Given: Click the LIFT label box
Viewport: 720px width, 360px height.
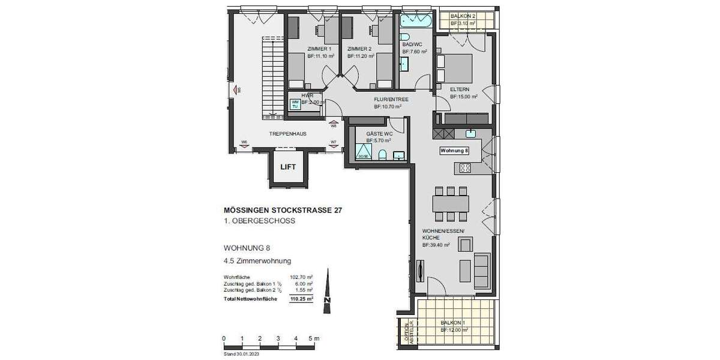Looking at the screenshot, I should (x=288, y=167).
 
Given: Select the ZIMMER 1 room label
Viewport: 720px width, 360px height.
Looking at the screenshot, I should (x=319, y=49).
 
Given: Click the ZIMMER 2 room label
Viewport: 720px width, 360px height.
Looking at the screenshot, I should (x=359, y=49).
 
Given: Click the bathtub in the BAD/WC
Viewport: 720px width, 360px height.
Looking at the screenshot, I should (x=413, y=23).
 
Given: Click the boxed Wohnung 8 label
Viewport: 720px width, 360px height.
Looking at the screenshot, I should (x=455, y=150).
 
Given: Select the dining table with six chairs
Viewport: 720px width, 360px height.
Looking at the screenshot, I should (x=450, y=203).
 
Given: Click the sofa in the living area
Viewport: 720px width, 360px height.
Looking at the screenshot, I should (x=481, y=271).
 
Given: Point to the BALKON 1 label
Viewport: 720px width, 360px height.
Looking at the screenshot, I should (x=452, y=322).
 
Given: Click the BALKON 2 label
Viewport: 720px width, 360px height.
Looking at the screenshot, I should (x=463, y=16).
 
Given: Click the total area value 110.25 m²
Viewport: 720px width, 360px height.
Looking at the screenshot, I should (x=301, y=298).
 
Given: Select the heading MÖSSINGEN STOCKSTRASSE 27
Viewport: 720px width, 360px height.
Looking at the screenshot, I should (x=279, y=211).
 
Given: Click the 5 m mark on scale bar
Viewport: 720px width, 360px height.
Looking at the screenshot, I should (x=313, y=339).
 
